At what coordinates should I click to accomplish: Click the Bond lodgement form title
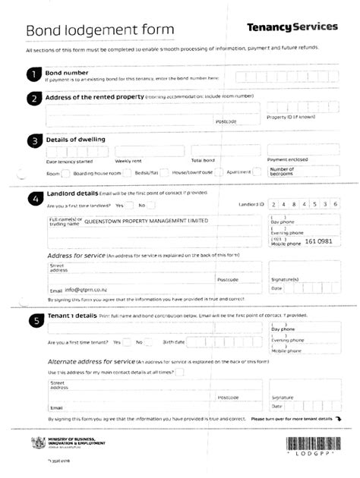click(100, 30)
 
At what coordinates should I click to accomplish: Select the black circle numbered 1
click(33, 74)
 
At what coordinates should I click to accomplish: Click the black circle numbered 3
click(33, 141)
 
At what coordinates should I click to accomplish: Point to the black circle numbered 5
click(33, 321)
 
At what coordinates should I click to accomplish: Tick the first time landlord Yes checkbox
click(128, 206)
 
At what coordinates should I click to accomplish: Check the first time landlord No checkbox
click(152, 206)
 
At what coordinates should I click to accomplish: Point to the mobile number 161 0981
click(318, 241)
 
